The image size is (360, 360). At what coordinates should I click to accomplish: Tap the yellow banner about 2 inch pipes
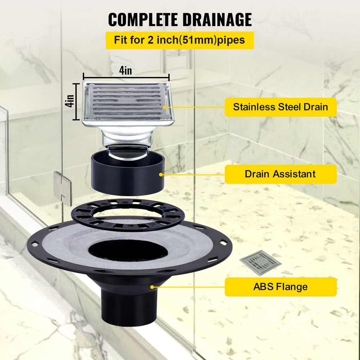(x=180, y=40)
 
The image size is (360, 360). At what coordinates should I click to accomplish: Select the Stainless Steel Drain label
(x=280, y=107)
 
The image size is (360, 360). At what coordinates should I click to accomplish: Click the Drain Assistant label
(x=280, y=174)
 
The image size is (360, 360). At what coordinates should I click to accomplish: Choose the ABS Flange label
(x=280, y=287)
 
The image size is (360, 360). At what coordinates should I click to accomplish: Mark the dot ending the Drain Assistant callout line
(x=161, y=175)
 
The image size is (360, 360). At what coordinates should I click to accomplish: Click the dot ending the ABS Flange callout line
(x=152, y=287)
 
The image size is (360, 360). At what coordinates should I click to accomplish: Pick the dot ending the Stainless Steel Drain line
(x=165, y=107)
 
